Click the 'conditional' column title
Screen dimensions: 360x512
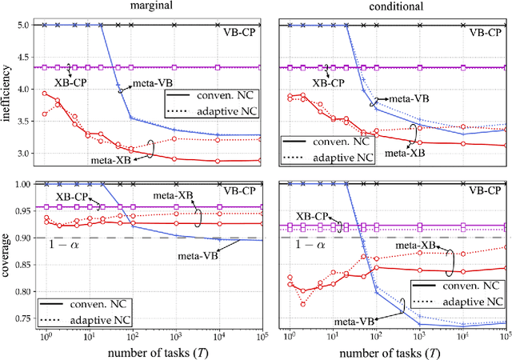click(391, 6)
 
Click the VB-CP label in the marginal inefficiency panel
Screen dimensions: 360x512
click(238, 34)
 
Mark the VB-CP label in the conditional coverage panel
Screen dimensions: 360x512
click(485, 191)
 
